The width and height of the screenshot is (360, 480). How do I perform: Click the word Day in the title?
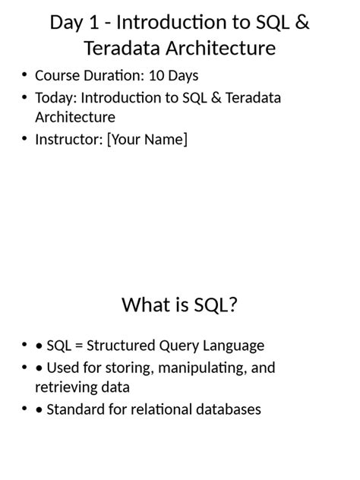click(x=66, y=23)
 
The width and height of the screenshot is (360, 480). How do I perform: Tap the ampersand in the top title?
click(x=302, y=23)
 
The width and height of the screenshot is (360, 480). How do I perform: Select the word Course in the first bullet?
click(x=56, y=76)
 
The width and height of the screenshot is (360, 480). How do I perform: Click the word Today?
click(x=55, y=98)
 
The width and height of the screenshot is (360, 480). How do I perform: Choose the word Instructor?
click(x=68, y=139)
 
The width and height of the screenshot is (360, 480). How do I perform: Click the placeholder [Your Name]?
click(x=147, y=140)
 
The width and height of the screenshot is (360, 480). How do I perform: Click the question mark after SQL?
click(x=234, y=305)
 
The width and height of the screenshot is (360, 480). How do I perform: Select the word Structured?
click(x=118, y=346)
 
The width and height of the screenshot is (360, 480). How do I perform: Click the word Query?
click(x=177, y=346)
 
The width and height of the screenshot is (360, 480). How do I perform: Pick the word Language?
click(x=232, y=346)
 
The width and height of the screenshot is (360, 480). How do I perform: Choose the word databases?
click(x=228, y=409)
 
